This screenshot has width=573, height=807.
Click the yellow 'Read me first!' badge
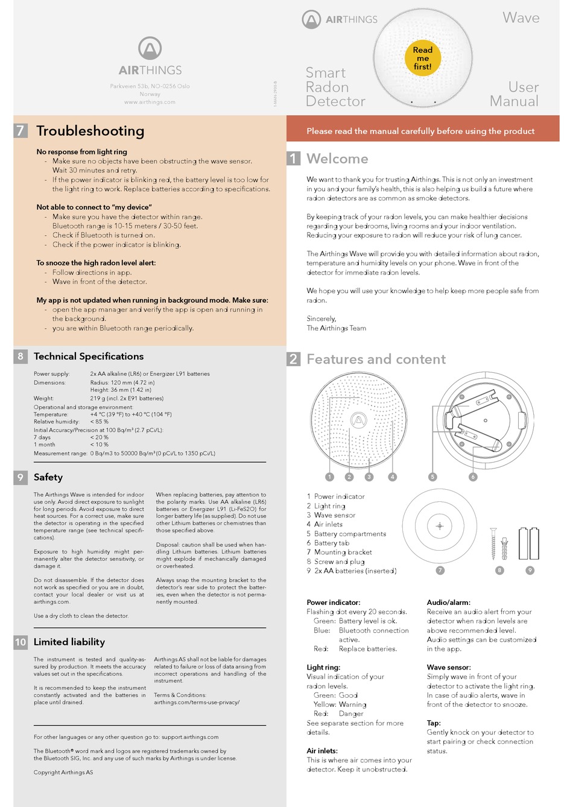tap(422, 59)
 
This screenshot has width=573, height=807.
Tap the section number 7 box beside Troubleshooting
tap(21, 130)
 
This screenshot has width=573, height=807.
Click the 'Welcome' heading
tap(337, 159)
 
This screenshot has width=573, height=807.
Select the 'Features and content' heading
tap(376, 359)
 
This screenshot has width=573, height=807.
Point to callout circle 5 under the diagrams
tap(432, 476)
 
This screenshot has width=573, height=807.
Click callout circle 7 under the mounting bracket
tap(440, 570)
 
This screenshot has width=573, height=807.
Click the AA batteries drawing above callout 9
tap(529, 543)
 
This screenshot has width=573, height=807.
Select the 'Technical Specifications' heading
tap(89, 356)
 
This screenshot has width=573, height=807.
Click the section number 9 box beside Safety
tap(21, 477)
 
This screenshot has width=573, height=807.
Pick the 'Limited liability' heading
tap(69, 642)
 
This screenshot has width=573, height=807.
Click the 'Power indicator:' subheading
tap(334, 603)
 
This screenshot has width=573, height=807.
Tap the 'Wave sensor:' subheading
tap(449, 667)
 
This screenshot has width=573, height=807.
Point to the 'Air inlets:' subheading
tap(322, 751)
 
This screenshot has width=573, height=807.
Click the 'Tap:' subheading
tap(434, 723)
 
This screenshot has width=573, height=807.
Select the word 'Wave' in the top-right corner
tap(521, 18)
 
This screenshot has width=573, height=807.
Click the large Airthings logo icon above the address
tap(150, 48)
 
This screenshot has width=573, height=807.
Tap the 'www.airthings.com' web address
tap(150, 102)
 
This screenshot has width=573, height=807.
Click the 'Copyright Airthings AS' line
tap(63, 772)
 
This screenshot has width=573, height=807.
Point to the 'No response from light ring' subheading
tap(81, 152)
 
